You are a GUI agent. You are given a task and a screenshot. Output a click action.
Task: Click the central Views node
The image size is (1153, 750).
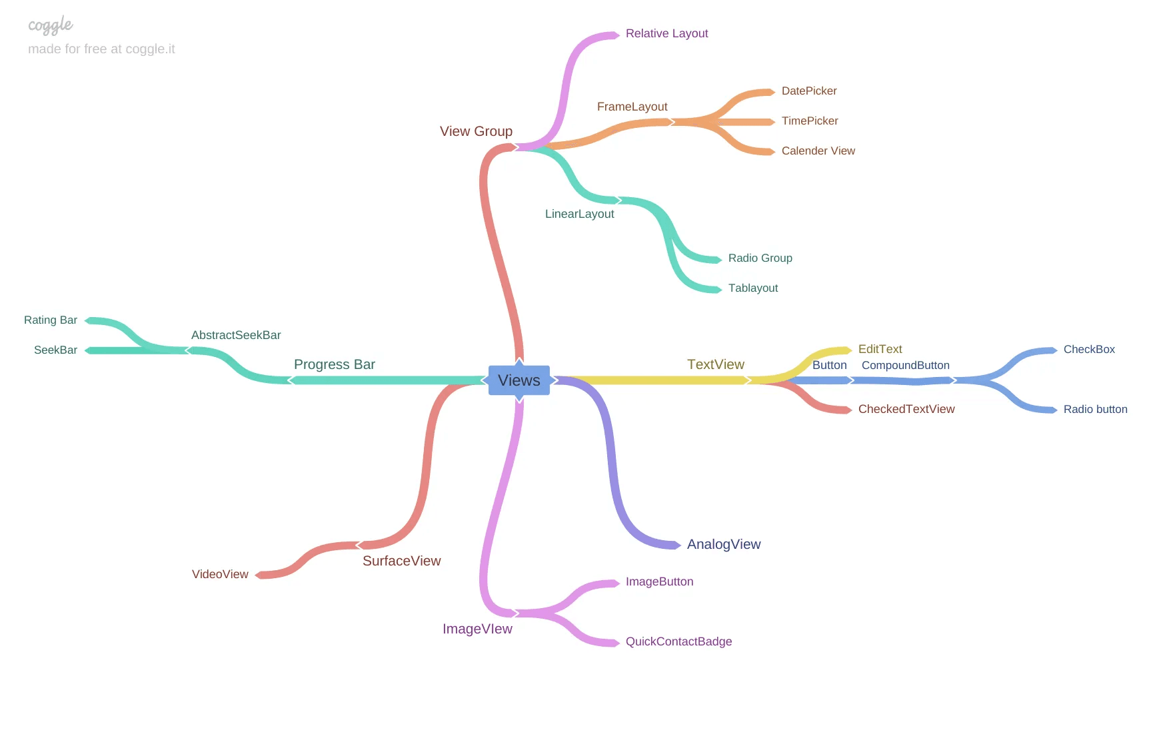tap(519, 380)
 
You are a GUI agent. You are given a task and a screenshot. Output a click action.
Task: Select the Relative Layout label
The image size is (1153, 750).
tap(666, 34)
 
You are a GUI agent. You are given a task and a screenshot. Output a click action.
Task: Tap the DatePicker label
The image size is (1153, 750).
tap(808, 91)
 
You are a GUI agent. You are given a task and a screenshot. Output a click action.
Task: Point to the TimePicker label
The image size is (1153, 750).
tap(809, 121)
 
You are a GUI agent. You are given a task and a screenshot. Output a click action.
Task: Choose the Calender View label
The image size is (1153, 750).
tap(818, 151)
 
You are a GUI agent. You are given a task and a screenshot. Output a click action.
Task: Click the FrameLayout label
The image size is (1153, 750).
tap(632, 107)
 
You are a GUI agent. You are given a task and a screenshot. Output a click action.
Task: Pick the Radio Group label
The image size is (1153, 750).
tap(760, 258)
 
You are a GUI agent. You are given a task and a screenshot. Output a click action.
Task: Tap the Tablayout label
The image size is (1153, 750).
tap(752, 288)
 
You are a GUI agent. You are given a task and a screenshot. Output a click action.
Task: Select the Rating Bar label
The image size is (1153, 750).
tap(51, 320)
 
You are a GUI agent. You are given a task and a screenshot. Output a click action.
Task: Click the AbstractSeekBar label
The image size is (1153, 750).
tap(236, 336)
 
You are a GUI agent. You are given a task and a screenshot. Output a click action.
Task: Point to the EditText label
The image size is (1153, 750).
tap(880, 350)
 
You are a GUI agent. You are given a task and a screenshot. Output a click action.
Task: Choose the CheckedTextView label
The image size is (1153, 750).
tap(906, 410)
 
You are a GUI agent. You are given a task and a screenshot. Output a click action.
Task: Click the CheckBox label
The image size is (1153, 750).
tap(1088, 350)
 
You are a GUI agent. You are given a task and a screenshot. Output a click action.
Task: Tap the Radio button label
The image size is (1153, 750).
tap(1095, 410)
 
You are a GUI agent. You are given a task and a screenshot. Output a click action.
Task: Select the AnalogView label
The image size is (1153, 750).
tap(723, 545)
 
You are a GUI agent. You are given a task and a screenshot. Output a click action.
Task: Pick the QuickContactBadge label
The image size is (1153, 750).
tap(678, 642)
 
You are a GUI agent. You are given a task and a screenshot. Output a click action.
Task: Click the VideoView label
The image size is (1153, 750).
tap(220, 575)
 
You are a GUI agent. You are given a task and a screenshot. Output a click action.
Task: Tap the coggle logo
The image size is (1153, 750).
tap(50, 26)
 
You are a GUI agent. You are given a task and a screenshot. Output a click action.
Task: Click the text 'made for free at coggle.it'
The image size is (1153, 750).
tap(101, 49)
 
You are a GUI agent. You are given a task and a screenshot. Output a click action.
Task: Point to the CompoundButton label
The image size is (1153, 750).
tap(905, 366)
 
